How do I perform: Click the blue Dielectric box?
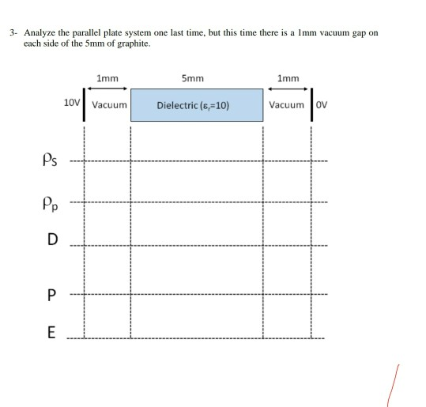(197, 104)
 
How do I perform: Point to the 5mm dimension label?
(192, 78)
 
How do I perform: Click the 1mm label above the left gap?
(107, 78)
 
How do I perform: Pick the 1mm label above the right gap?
(288, 78)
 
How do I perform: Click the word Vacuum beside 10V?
(109, 104)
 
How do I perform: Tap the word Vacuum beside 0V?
(285, 104)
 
